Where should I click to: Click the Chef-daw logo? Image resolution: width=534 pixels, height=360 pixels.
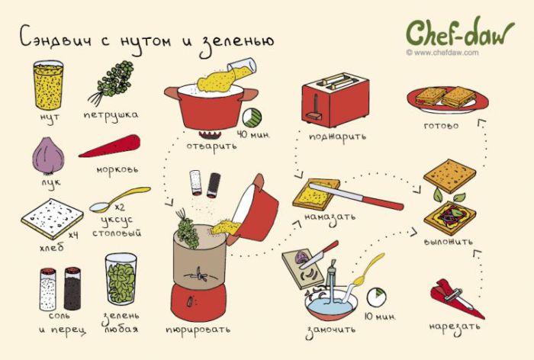[460, 32]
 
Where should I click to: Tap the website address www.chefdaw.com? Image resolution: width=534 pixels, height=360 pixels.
[442, 53]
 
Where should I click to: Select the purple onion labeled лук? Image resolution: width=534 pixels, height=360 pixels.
[48, 156]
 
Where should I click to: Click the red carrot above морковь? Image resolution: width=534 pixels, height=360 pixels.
[109, 146]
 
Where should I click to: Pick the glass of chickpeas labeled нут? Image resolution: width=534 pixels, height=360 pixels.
[48, 85]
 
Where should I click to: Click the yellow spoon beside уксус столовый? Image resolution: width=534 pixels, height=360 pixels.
[119, 199]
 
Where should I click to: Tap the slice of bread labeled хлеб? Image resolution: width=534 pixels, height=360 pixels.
[52, 219]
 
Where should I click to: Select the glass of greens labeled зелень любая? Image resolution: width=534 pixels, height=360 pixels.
[121, 279]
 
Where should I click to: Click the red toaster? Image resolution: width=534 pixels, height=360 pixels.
[335, 98]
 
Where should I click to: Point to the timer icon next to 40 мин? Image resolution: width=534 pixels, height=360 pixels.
[252, 117]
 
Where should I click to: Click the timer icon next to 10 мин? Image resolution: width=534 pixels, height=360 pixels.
[376, 296]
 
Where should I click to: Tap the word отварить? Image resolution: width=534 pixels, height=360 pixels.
[211, 146]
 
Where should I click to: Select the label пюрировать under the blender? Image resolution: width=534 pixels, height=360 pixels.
[198, 329]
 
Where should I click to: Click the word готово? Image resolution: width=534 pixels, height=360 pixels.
[441, 126]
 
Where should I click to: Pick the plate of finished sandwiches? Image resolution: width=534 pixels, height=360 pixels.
[448, 99]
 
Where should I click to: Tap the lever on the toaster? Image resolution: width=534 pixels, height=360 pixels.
[315, 108]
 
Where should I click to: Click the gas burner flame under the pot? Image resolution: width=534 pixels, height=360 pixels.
[210, 134]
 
